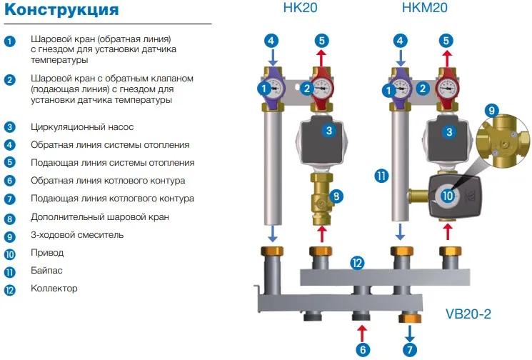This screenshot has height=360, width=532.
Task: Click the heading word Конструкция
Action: click(x=62, y=11)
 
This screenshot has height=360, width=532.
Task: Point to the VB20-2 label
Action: click(x=468, y=313)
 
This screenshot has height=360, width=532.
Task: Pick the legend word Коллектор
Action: click(x=54, y=289)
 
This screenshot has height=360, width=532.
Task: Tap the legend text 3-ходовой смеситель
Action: click(x=77, y=235)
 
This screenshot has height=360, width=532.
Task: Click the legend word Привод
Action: click(x=47, y=253)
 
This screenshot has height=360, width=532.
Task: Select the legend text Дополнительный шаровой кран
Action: click(x=101, y=217)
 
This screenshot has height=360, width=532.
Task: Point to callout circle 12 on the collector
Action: click(x=357, y=263)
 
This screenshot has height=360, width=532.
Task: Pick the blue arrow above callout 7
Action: click(x=409, y=332)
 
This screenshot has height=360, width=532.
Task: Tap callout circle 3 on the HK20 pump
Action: click(x=328, y=131)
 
